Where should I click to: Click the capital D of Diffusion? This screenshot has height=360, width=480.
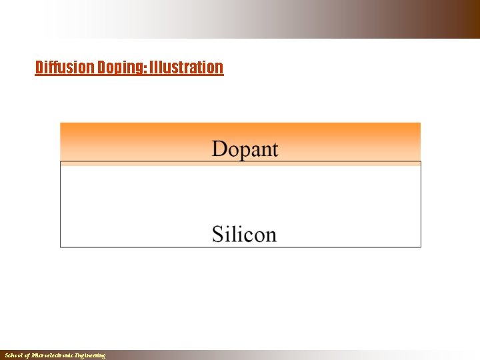coord(39,67)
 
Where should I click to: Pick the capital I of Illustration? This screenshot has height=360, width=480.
coord(152,67)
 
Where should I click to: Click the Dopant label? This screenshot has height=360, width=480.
coord(245,149)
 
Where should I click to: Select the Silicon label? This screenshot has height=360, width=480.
coord(244,234)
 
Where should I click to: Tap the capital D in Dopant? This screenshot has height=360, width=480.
coord(220,149)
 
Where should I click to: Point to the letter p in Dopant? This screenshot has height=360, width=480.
coord(246,151)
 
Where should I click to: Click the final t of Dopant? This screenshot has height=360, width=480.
coord(274,149)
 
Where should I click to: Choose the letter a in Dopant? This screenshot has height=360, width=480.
coord(257,151)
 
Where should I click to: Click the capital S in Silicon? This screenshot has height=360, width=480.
coord(218,234)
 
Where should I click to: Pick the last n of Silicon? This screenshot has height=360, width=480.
coord(270,236)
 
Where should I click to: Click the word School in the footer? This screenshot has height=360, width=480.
coord(14,356)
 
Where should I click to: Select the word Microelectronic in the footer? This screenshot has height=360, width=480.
coord(53,356)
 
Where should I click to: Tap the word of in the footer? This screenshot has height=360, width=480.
coord(29,356)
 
